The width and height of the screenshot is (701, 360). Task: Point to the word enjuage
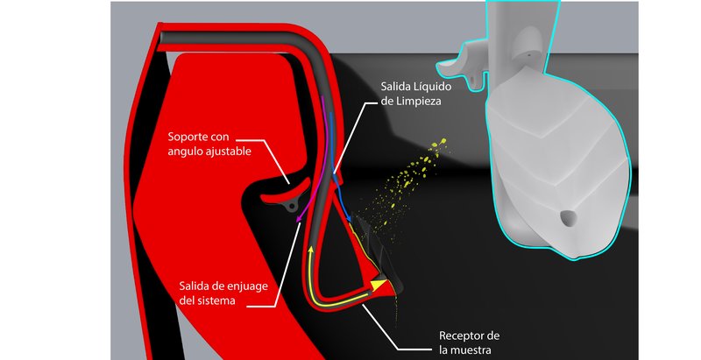[247, 286]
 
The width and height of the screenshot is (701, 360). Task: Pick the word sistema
[216, 300]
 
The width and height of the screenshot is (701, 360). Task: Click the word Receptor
[459, 335]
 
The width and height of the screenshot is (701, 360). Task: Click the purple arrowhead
[298, 217]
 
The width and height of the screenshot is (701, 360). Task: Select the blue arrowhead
[349, 217]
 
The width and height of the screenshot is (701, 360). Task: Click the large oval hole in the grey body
[568, 218]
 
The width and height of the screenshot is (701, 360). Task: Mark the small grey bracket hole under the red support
[292, 207]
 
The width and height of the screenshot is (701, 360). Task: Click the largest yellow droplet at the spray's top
[443, 142]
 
